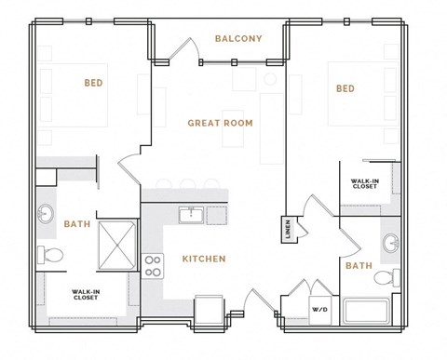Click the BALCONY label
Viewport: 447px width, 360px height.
(237, 38)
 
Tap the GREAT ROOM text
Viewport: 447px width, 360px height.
(220, 123)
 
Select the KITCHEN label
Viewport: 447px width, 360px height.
(203, 259)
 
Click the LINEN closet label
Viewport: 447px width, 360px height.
(288, 228)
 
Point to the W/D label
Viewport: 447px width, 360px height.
(319, 309)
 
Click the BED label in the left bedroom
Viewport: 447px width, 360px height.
(93, 83)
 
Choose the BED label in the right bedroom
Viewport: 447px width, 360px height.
(345, 88)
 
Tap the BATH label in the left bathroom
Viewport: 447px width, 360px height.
(76, 223)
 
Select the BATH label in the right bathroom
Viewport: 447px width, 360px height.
(359, 265)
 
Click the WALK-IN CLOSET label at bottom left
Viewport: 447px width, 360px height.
(86, 297)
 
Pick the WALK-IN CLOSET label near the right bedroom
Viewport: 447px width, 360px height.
(364, 183)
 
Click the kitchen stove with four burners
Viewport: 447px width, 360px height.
(154, 266)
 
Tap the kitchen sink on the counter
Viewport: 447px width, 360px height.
(191, 215)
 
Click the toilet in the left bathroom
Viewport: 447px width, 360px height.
(53, 254)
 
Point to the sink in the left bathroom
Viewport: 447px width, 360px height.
(47, 215)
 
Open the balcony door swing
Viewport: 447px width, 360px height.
(186, 48)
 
